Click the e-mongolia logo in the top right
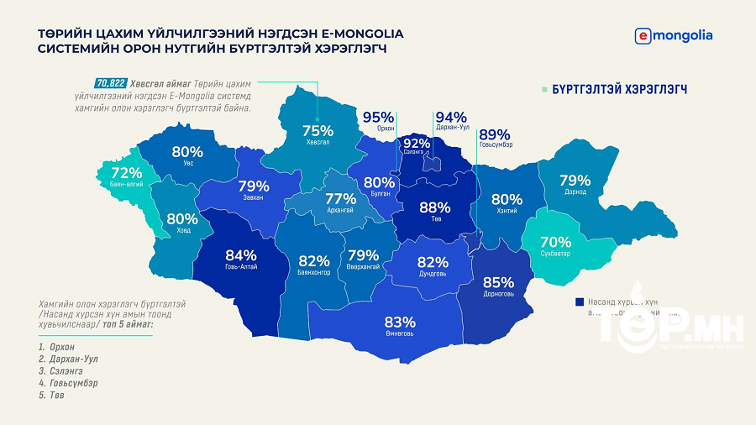[x=675, y=35]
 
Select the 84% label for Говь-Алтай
[x=241, y=255]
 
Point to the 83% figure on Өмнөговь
[x=400, y=322]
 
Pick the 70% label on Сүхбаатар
[x=555, y=242]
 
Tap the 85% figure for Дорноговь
[x=498, y=282]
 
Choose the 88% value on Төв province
[x=435, y=207]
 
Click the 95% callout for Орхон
[x=378, y=118]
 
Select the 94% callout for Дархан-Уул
[x=451, y=118]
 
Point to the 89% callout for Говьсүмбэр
[x=495, y=134]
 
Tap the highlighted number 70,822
[x=111, y=83]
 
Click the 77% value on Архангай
[x=341, y=199]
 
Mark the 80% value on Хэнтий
[x=507, y=200]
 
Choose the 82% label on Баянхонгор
[x=313, y=260]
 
